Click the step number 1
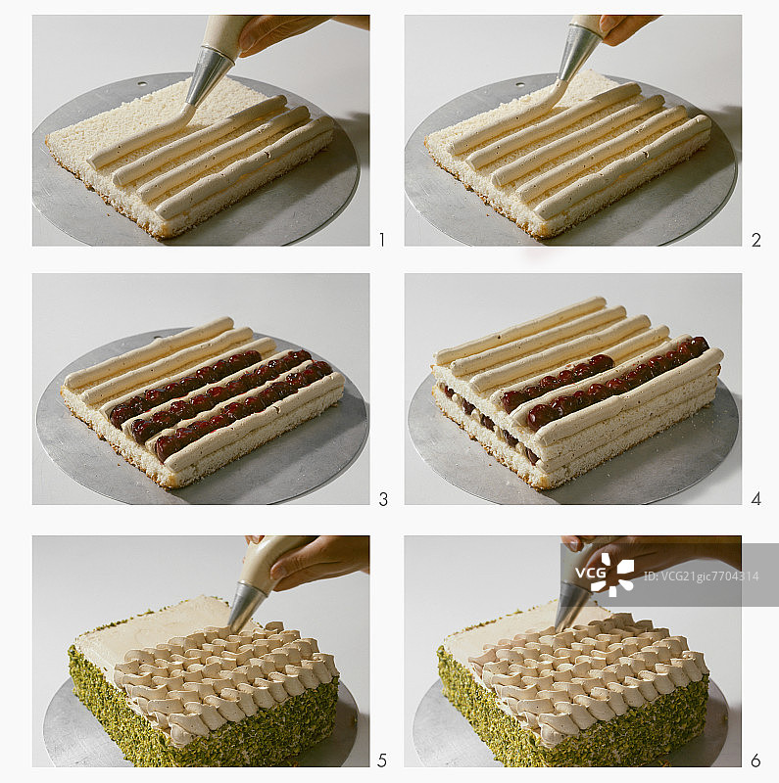pyautogui.click(x=382, y=240)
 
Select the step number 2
pyautogui.click(x=756, y=240)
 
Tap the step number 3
pyautogui.click(x=383, y=499)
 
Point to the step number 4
pyautogui.click(x=756, y=498)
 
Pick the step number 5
pyautogui.click(x=382, y=760)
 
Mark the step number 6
pyautogui.click(x=755, y=760)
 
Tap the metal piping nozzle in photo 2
pyautogui.click(x=578, y=54)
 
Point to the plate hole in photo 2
pyautogui.click(x=520, y=84)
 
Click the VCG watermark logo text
pyautogui.click(x=591, y=573)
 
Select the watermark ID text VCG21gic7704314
pyautogui.click(x=701, y=576)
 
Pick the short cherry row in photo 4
pyautogui.click(x=557, y=381)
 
